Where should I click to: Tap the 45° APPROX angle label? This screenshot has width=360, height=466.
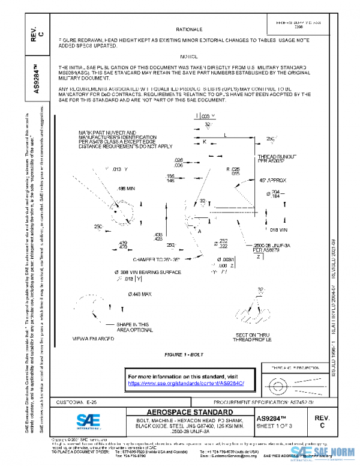273,180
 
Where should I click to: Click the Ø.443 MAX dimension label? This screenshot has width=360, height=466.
140,294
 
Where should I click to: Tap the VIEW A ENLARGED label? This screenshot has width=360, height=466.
93,339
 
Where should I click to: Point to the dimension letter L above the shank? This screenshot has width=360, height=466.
224,136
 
